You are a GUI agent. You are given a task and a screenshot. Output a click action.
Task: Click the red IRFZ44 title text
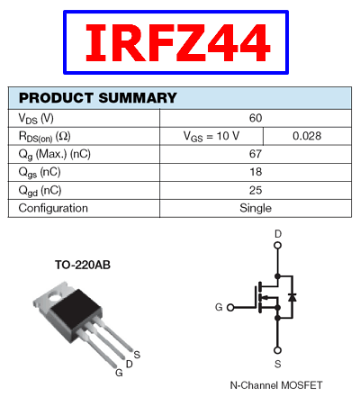178,42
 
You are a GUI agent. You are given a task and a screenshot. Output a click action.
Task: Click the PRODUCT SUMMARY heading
98,98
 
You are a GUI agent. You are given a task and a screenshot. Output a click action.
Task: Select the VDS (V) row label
36,118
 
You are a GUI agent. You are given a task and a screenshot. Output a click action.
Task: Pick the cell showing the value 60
256,118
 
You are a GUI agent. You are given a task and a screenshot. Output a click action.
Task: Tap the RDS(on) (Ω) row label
45,137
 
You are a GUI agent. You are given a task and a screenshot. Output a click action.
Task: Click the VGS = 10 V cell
211,136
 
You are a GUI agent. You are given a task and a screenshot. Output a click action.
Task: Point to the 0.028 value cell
307,136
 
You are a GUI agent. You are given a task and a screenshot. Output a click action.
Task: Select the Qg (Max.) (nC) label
55,155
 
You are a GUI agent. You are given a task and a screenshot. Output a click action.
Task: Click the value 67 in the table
256,154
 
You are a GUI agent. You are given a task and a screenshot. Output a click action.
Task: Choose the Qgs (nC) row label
40,173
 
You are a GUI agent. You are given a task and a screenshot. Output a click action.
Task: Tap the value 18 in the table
256,172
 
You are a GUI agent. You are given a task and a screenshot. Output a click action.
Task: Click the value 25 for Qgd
256,190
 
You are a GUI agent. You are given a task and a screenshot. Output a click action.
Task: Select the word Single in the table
256,208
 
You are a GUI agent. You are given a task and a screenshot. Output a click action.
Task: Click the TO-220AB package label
83,265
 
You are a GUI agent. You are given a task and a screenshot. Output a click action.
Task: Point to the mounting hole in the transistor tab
55,297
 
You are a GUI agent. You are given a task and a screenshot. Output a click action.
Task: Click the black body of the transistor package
76,311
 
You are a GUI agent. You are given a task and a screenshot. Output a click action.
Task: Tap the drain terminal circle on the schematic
278,246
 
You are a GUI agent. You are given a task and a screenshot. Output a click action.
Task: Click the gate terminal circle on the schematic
230,307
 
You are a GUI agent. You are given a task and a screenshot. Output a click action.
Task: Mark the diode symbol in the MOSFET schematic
292,297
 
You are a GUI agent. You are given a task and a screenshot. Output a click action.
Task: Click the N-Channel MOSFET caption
276,385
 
